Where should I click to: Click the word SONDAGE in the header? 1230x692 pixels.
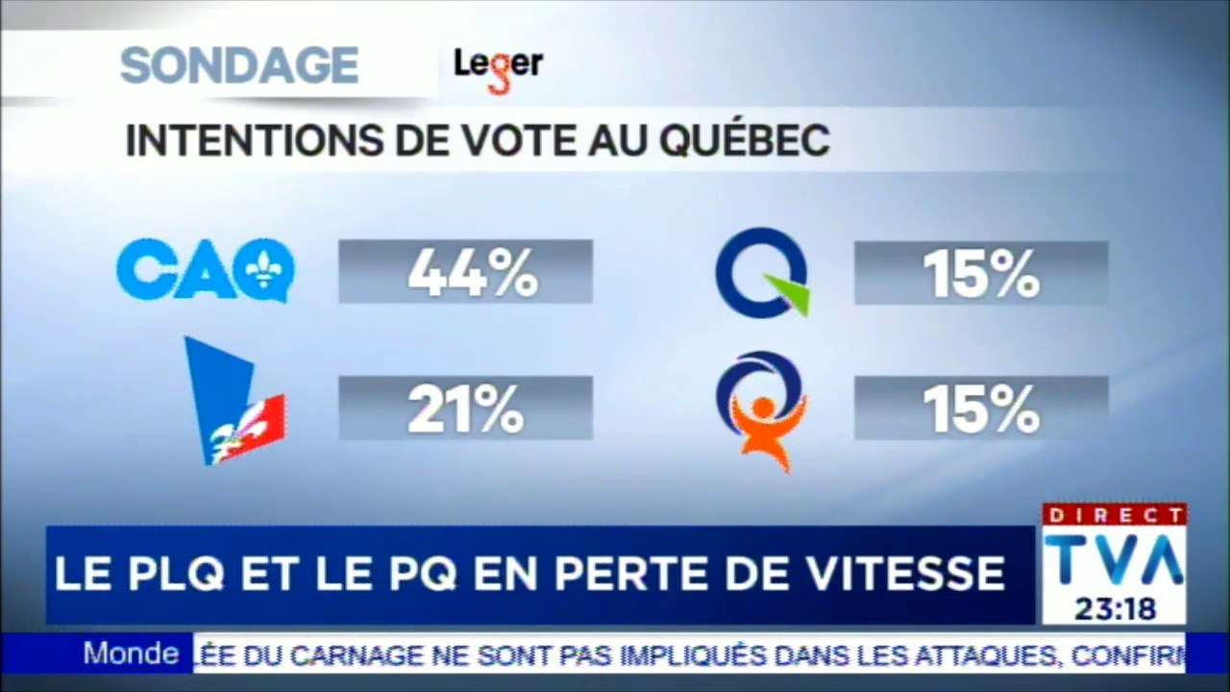click(x=238, y=65)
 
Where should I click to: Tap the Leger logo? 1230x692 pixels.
click(x=498, y=67)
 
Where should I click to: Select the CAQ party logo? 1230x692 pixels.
click(x=205, y=270)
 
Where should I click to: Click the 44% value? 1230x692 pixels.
click(x=471, y=274)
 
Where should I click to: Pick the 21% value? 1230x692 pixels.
click(x=465, y=409)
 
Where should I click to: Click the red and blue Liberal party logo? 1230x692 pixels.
click(x=233, y=402)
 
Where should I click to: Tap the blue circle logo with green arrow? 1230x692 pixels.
click(x=762, y=273)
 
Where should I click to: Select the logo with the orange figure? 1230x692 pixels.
click(x=761, y=410)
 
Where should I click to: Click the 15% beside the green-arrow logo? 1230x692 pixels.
click(x=980, y=274)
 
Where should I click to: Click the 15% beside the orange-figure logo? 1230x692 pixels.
click(x=980, y=409)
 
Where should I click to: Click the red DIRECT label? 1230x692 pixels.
click(x=1114, y=515)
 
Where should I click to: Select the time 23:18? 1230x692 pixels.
click(x=1114, y=609)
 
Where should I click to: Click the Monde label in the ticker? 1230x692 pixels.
click(x=131, y=655)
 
